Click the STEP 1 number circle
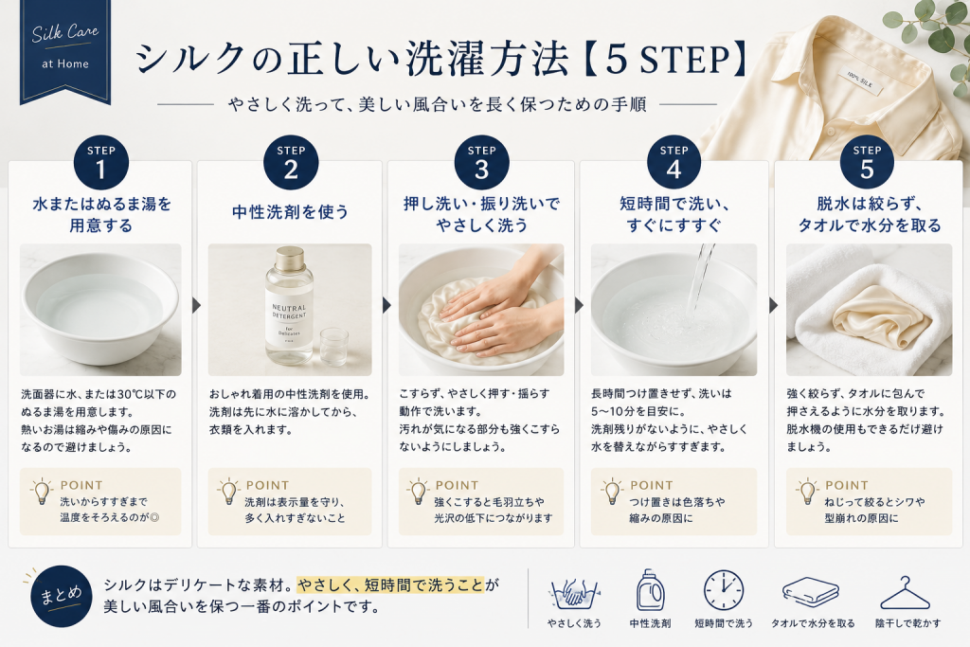pos(100,163)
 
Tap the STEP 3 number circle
pos(481,163)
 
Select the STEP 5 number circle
pos(867,163)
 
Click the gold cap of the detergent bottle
pos(290,258)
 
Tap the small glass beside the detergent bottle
pos(334,347)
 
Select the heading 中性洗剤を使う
pos(290,212)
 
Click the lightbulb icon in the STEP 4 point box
pos(612,492)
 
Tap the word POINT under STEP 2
pos(267,486)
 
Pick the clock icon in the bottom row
pos(723,591)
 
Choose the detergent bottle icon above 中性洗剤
pos(650,590)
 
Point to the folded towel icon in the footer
pos(811,593)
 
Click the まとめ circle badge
pos(62,596)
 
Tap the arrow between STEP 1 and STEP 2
pos(196,306)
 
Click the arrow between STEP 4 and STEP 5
pos(773,306)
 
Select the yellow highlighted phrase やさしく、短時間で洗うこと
pos(390,584)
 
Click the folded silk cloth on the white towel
pos(882,316)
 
